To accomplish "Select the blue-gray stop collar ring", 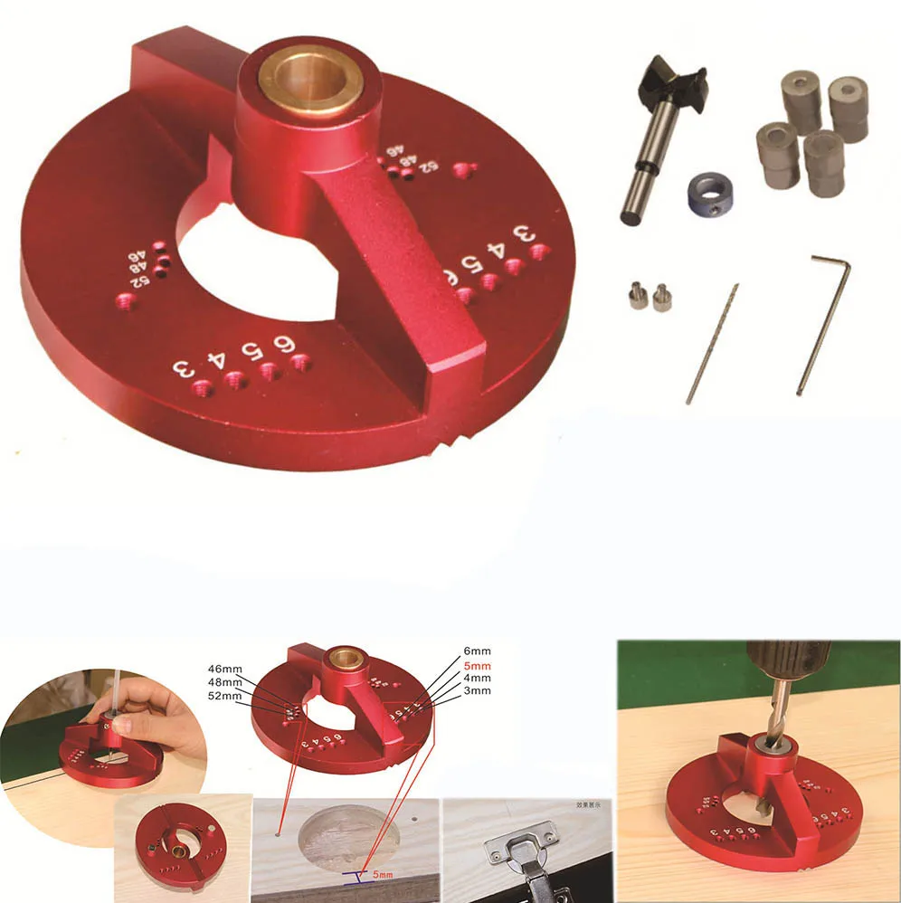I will point(709,194).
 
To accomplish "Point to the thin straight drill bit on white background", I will point(713,344).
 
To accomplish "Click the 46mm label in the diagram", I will point(224,669).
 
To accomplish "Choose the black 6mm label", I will point(477,651).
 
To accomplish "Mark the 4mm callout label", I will point(477,678).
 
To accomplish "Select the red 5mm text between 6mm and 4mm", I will point(477,665).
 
